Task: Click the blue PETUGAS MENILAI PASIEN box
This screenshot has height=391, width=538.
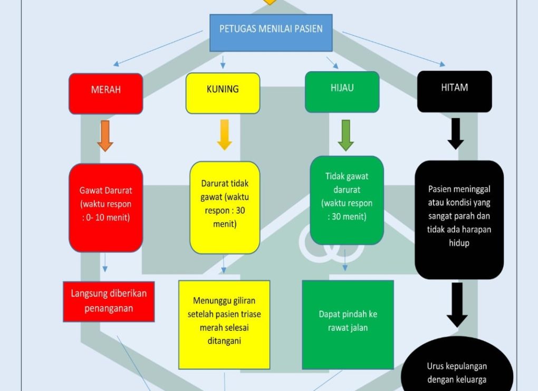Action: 271,33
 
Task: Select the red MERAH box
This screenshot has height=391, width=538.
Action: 105,93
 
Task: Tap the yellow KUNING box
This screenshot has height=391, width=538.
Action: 223,93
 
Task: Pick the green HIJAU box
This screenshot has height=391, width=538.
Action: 342,92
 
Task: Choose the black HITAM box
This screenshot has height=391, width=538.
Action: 454,92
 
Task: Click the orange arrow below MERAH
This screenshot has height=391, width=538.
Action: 105,136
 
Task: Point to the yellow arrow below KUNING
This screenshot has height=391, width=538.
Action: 224,135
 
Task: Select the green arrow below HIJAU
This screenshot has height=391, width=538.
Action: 345,136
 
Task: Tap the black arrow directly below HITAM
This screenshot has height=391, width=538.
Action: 456,134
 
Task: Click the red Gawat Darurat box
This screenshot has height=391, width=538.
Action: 105,208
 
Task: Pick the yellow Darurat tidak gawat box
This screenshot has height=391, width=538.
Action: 225,208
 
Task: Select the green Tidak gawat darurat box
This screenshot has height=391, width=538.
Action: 347,201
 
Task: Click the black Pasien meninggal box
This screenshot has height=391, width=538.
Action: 459,220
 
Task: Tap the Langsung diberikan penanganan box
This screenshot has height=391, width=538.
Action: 109,302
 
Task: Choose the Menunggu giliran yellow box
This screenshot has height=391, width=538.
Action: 224,325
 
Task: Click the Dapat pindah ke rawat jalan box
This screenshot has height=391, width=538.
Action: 348,325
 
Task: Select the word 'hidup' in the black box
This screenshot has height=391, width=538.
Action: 459,243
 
